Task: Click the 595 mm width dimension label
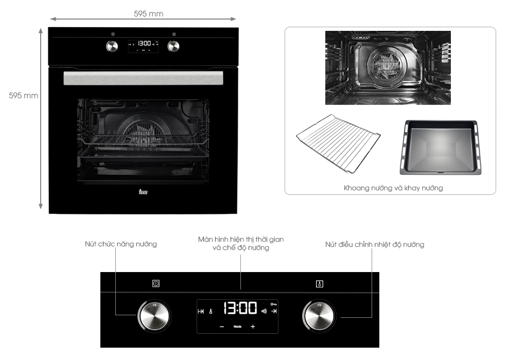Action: (148, 14)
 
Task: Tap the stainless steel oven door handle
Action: (143, 78)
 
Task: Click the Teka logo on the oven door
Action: (143, 192)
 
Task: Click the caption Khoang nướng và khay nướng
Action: (393, 188)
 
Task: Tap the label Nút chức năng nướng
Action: (121, 244)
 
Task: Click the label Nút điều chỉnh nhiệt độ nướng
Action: (374, 244)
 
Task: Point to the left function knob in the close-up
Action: (153, 315)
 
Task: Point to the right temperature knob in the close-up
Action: (318, 315)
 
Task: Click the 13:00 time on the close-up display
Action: (240, 309)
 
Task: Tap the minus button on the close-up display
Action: (222, 327)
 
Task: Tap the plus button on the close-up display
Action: (253, 327)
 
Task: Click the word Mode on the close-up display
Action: (237, 327)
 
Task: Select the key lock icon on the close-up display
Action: (274, 304)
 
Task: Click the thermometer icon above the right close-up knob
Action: (320, 284)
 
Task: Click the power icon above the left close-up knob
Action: (156, 283)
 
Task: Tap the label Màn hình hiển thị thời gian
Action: (241, 240)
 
